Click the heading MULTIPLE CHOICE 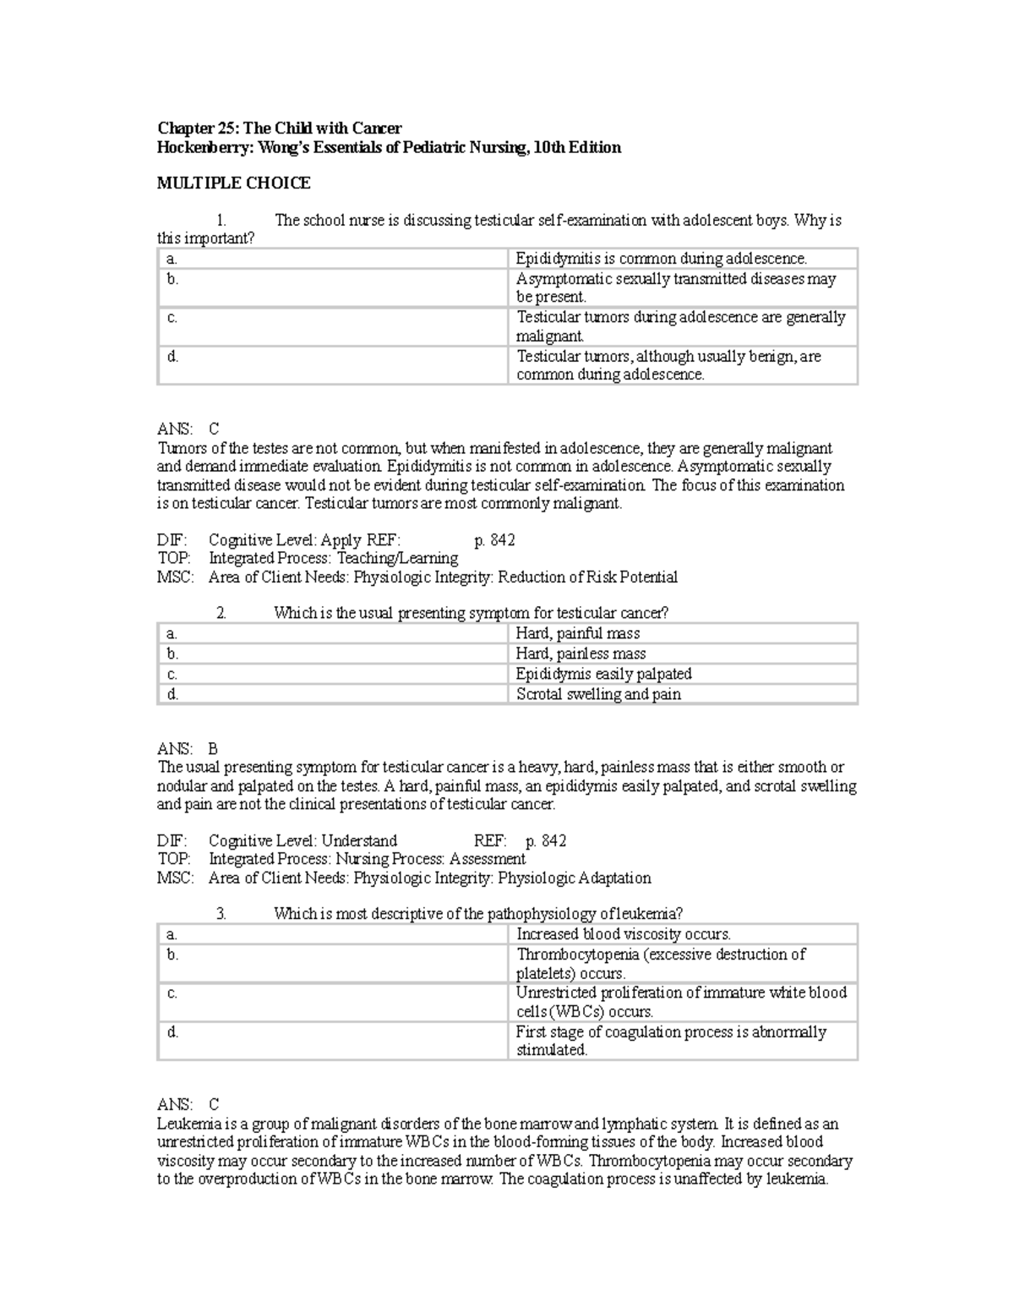point(234,183)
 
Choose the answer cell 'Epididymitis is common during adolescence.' point(662,259)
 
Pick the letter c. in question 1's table point(172,318)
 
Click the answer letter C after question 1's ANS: point(214,429)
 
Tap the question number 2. point(221,614)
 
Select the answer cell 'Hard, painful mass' point(578,633)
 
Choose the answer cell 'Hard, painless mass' point(581,654)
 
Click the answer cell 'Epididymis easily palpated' point(603,674)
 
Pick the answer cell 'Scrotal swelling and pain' point(598,694)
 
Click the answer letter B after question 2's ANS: point(213,749)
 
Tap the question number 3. point(221,914)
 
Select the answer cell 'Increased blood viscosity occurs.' point(624,934)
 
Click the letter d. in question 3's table point(172,1032)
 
